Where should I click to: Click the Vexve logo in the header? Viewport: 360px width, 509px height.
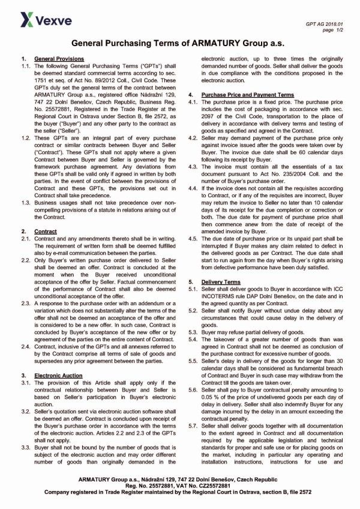pos(38,22)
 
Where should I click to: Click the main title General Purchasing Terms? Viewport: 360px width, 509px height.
pos(179,44)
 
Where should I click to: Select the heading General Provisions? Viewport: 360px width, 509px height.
pos(59,59)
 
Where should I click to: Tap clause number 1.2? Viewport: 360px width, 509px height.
pos(25,138)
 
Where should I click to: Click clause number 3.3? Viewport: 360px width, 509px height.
pos(25,414)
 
